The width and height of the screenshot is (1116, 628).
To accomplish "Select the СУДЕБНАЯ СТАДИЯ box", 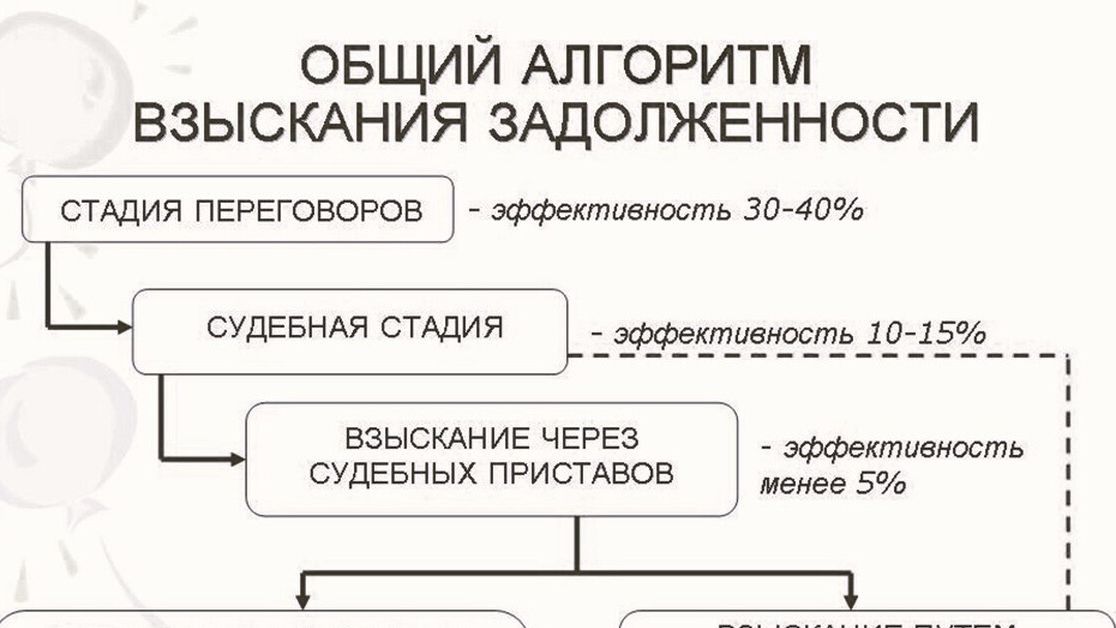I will click(x=351, y=330).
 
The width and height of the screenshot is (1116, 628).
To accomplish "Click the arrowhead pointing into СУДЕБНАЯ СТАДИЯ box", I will click(x=124, y=327).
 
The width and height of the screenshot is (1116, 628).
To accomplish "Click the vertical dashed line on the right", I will click(x=1069, y=480).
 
